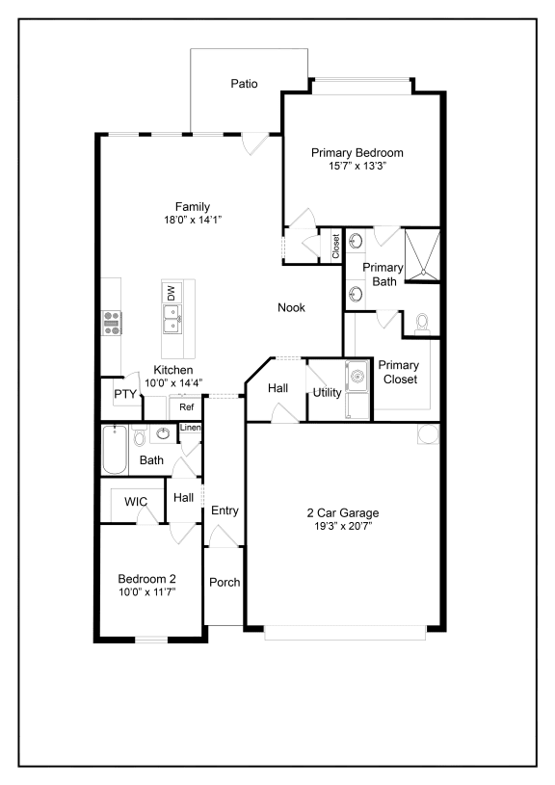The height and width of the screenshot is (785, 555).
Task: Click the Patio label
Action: pyautogui.click(x=244, y=84)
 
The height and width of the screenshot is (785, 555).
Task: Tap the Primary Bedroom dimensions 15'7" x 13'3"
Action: pyautogui.click(x=357, y=166)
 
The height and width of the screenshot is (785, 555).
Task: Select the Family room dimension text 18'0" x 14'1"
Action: pyautogui.click(x=192, y=220)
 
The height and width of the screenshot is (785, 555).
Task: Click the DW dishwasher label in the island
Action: pyautogui.click(x=172, y=293)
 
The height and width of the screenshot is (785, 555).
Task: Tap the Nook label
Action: pyautogui.click(x=291, y=308)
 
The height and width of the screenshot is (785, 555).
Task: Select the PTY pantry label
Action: pyautogui.click(x=125, y=394)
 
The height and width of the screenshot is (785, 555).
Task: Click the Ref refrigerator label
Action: pyautogui.click(x=187, y=407)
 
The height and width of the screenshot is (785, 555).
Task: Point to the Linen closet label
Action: pyautogui.click(x=191, y=428)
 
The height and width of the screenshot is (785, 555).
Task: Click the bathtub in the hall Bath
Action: pyautogui.click(x=115, y=450)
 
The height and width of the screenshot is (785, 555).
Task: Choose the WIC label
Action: pyautogui.click(x=135, y=502)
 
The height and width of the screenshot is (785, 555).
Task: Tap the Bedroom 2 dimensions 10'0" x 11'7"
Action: pyautogui.click(x=146, y=592)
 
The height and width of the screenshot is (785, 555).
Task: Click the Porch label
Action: pyautogui.click(x=225, y=583)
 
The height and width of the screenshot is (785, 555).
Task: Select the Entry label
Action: pyautogui.click(x=225, y=510)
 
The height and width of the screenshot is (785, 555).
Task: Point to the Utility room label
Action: pyautogui.click(x=326, y=393)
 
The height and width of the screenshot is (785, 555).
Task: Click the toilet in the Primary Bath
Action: pyautogui.click(x=422, y=325)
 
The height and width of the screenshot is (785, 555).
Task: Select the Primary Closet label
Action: pyautogui.click(x=398, y=372)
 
